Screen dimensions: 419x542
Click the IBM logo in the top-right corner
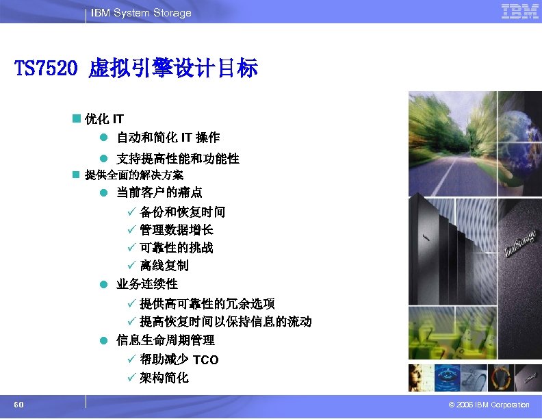519,12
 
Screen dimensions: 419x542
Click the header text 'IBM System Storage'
141,13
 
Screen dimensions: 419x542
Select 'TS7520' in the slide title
49,68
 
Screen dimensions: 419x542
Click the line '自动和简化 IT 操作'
168,138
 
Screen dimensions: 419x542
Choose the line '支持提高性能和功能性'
177,159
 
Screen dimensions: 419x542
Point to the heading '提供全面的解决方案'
129,175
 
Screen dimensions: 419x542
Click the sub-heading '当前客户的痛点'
159,192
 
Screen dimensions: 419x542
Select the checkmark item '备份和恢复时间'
182,212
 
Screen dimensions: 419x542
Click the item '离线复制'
164,266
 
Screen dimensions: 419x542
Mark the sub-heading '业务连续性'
146,283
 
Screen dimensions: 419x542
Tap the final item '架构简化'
164,378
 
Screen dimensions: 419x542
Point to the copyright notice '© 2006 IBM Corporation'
486,405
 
